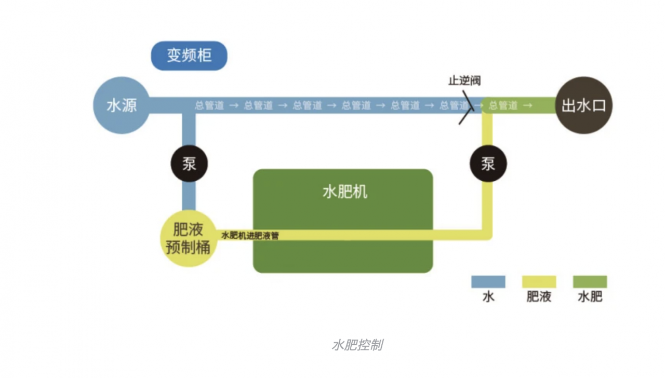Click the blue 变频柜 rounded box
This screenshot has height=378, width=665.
189,56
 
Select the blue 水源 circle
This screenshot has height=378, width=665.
122,105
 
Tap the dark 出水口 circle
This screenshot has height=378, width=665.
583,105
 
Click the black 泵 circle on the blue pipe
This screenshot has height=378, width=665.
189,164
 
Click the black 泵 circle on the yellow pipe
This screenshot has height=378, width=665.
488,164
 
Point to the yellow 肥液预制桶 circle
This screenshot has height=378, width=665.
188,238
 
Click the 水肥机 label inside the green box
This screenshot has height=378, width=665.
344,192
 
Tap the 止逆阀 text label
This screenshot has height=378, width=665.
464,81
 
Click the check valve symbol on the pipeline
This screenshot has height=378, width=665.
467,106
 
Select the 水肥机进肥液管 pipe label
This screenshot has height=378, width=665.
250,236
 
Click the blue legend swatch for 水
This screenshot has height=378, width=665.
488,281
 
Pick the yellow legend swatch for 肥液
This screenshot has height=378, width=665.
539,281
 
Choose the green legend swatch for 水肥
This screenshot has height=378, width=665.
590,281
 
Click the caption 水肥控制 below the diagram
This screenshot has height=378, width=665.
357,345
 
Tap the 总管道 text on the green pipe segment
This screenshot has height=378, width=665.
503,105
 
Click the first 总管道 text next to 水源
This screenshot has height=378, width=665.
209,105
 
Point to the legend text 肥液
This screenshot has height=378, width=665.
539,297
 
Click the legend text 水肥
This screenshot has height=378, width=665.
590,297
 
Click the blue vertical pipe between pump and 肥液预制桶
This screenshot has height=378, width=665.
189,195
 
